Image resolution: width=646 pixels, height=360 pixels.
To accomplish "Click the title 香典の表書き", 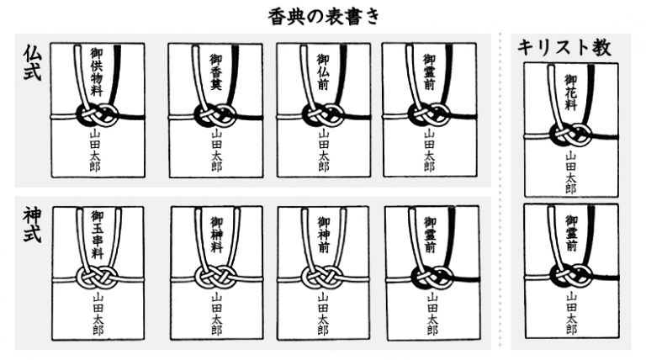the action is coord(323,18).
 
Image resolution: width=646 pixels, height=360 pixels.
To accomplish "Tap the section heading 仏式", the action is coord(32,62).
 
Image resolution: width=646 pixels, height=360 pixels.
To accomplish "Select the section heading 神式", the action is coord(32,225).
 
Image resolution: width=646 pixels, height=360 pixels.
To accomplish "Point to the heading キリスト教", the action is coord(564,47).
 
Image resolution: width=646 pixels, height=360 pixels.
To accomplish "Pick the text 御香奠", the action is coord(216,71).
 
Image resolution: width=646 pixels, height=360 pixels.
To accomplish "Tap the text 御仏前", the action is coord(323,71).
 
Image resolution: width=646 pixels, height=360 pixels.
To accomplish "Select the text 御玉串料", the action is coord(98,235).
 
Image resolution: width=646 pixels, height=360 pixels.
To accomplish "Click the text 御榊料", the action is coord(217,235).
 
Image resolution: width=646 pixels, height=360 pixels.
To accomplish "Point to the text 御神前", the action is coord(323,235).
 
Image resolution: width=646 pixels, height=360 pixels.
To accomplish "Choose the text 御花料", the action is coord(571,93).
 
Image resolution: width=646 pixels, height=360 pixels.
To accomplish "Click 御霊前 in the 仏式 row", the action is coord(429,71).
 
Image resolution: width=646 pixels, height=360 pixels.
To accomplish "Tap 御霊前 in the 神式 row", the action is coord(431,235).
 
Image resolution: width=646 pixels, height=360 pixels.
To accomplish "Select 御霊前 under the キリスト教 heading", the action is coord(571,233).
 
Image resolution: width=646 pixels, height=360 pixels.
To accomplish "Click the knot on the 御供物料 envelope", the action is coord(98,115).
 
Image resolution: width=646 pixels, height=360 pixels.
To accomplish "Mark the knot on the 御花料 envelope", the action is coord(571,135).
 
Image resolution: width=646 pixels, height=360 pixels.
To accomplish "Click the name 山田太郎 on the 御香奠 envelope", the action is coord(216,151).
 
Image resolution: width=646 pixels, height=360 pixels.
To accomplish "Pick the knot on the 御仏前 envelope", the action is coord(323,115).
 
